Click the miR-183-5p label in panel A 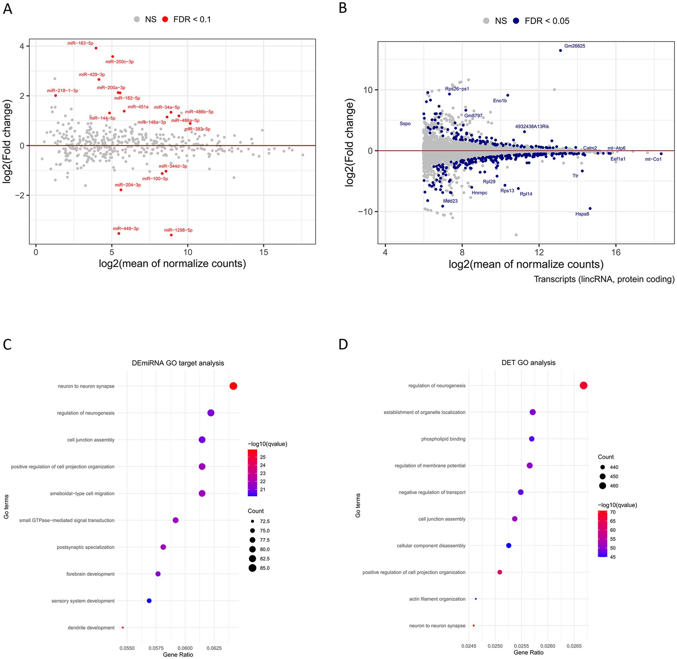pyautogui.click(x=80, y=43)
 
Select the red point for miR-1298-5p pyautogui.click(x=171, y=235)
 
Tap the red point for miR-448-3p pyautogui.click(x=119, y=233)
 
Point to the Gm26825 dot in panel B pyautogui.click(x=560, y=51)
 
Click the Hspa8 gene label pyautogui.click(x=582, y=214)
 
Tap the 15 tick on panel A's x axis pyautogui.click(x=263, y=253)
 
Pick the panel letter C pyautogui.click(x=7, y=344)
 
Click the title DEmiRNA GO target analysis pyautogui.click(x=178, y=363)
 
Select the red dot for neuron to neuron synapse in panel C pyautogui.click(x=233, y=386)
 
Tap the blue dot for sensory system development pyautogui.click(x=149, y=601)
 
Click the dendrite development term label pyautogui.click(x=91, y=628)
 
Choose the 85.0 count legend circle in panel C pyautogui.click(x=252, y=568)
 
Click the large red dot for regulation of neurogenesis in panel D pyautogui.click(x=583, y=386)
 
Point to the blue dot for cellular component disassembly pyautogui.click(x=509, y=546)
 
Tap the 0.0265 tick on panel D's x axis pyautogui.click(x=574, y=646)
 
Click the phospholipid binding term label pyautogui.click(x=443, y=439)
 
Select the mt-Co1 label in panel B pyautogui.click(x=653, y=159)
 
